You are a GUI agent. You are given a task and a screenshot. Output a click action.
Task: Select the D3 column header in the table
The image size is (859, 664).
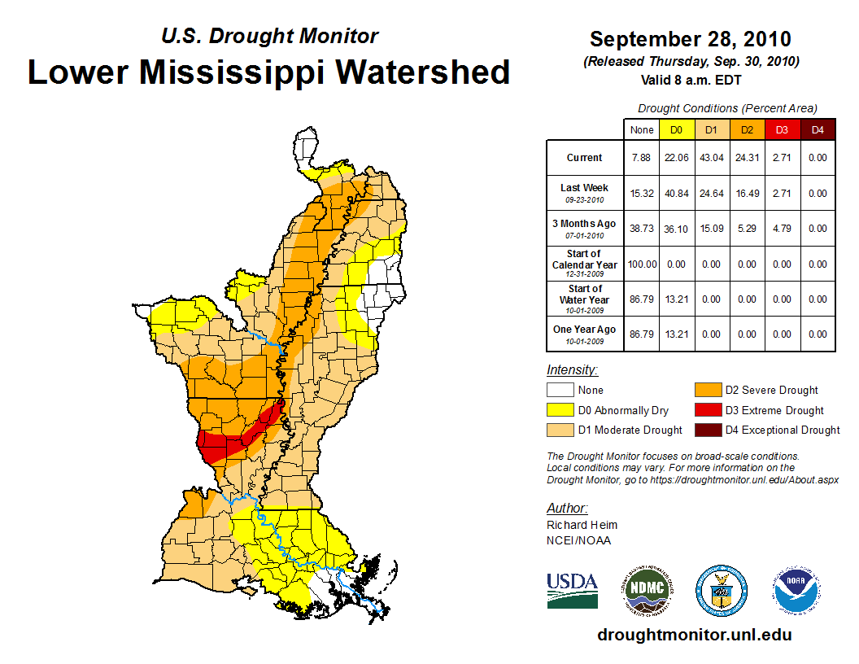click(x=782, y=129)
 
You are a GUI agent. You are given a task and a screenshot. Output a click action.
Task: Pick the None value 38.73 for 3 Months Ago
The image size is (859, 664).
click(x=641, y=229)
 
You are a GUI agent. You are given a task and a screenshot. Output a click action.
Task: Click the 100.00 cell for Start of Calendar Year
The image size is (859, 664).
click(x=641, y=264)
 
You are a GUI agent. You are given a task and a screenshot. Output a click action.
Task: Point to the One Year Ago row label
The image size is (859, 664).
click(x=584, y=330)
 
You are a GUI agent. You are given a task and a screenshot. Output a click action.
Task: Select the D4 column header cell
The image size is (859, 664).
click(x=817, y=129)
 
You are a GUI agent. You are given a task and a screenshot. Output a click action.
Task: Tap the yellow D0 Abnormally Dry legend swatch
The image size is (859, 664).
click(x=558, y=410)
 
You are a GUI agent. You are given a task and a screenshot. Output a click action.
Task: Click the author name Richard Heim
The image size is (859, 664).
click(x=582, y=525)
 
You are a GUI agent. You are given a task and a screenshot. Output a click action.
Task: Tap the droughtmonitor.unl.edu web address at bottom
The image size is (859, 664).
click(x=694, y=635)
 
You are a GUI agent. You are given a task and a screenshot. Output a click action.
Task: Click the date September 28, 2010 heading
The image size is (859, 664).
click(x=690, y=39)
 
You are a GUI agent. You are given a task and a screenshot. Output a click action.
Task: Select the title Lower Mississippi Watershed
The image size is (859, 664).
click(x=269, y=72)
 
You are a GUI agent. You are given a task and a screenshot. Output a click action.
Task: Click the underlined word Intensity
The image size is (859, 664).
click(x=572, y=370)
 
